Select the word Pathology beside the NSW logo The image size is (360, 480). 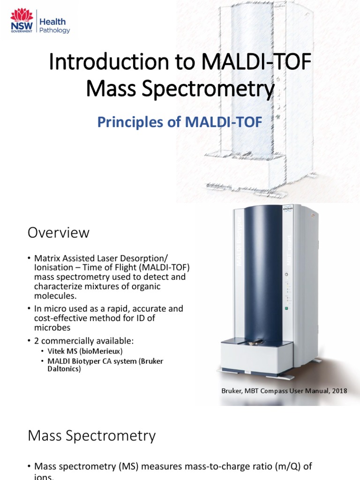coord(54,30)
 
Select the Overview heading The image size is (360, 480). coord(59,232)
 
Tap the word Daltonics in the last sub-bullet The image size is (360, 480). coord(64,369)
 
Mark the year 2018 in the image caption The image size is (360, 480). coord(338,390)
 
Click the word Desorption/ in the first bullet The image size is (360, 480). coord(147,259)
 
